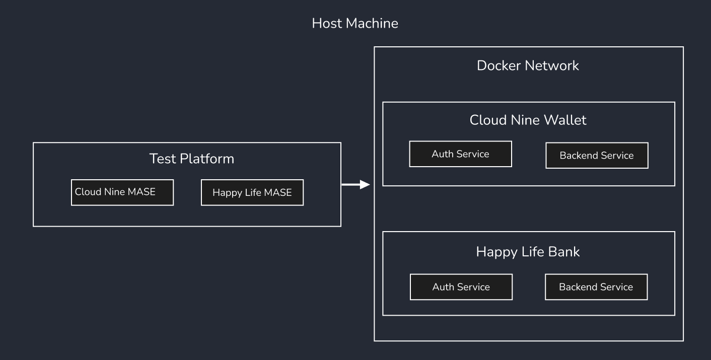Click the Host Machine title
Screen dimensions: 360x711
click(355, 23)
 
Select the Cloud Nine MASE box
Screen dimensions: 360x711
click(122, 192)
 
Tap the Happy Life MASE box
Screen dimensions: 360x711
click(252, 193)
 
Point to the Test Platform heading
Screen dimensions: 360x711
click(192, 159)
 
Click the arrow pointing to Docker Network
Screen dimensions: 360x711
click(355, 185)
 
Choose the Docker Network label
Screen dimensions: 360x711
click(528, 65)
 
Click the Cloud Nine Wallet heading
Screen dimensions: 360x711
click(528, 120)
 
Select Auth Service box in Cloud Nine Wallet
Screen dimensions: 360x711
click(460, 154)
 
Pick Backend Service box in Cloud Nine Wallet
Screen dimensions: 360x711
click(597, 156)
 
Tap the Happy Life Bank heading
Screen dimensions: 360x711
click(528, 252)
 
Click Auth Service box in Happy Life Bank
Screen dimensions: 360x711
click(461, 287)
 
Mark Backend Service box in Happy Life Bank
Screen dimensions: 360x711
click(596, 287)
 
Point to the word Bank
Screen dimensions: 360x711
click(565, 252)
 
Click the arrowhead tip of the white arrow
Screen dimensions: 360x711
click(369, 185)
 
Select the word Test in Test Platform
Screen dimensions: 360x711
click(162, 159)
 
